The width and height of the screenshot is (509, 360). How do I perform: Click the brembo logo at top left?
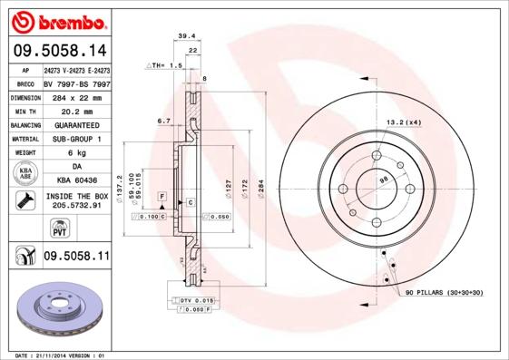pyautogui.click(x=59, y=21)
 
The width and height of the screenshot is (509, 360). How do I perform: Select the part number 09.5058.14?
pyautogui.click(x=59, y=51)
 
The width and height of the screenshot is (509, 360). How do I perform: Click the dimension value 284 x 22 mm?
pyautogui.click(x=77, y=97)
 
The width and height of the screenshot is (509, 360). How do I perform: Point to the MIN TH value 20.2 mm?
pyautogui.click(x=77, y=111)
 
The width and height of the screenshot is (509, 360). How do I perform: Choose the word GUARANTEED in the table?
pyautogui.click(x=77, y=125)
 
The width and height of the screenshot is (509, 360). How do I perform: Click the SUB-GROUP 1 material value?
pyautogui.click(x=77, y=139)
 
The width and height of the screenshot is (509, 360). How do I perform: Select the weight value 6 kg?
pyautogui.click(x=77, y=153)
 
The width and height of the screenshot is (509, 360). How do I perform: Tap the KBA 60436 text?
pyautogui.click(x=77, y=181)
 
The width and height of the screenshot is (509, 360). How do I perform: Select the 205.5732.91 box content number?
pyautogui.click(x=77, y=206)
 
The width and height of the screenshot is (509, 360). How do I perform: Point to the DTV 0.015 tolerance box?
pyautogui.click(x=195, y=300)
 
